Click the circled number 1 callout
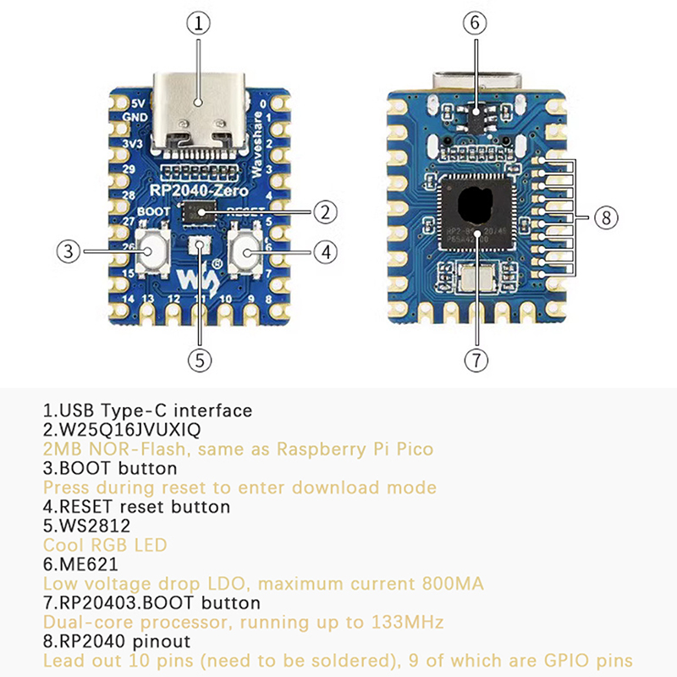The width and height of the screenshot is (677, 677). (198, 25)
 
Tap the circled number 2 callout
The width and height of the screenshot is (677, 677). (326, 212)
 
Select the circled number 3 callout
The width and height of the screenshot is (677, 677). (69, 250)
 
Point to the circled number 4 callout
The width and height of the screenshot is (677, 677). (326, 250)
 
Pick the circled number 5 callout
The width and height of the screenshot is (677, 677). (198, 360)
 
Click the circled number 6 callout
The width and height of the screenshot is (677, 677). (476, 25)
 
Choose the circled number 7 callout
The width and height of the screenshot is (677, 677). (476, 360)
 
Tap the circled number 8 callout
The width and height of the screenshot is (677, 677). (603, 217)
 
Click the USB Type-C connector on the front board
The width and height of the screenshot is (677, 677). (198, 114)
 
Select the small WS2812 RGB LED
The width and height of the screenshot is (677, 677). (199, 246)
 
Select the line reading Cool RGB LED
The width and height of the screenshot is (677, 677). (105, 545)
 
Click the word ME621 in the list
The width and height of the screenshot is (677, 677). (85, 564)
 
